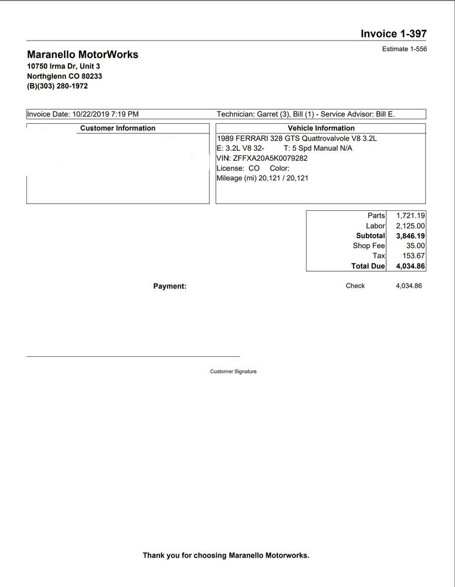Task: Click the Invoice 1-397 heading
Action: (393, 33)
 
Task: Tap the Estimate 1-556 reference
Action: (404, 49)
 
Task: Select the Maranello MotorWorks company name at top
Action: (83, 55)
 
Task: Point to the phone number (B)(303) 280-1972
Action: (57, 86)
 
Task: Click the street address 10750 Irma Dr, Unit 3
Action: (63, 66)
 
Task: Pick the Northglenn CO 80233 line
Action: (64, 76)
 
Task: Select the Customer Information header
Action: (118, 128)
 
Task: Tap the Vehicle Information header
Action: (321, 128)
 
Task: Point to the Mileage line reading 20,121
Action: (262, 178)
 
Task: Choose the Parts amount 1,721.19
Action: (410, 216)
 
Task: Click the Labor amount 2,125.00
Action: (410, 226)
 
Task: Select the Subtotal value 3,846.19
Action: (410, 236)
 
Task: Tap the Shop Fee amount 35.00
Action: (415, 246)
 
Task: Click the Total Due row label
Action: (368, 266)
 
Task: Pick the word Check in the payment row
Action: (355, 286)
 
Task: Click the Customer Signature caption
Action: (233, 372)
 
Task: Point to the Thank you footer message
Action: (226, 555)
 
